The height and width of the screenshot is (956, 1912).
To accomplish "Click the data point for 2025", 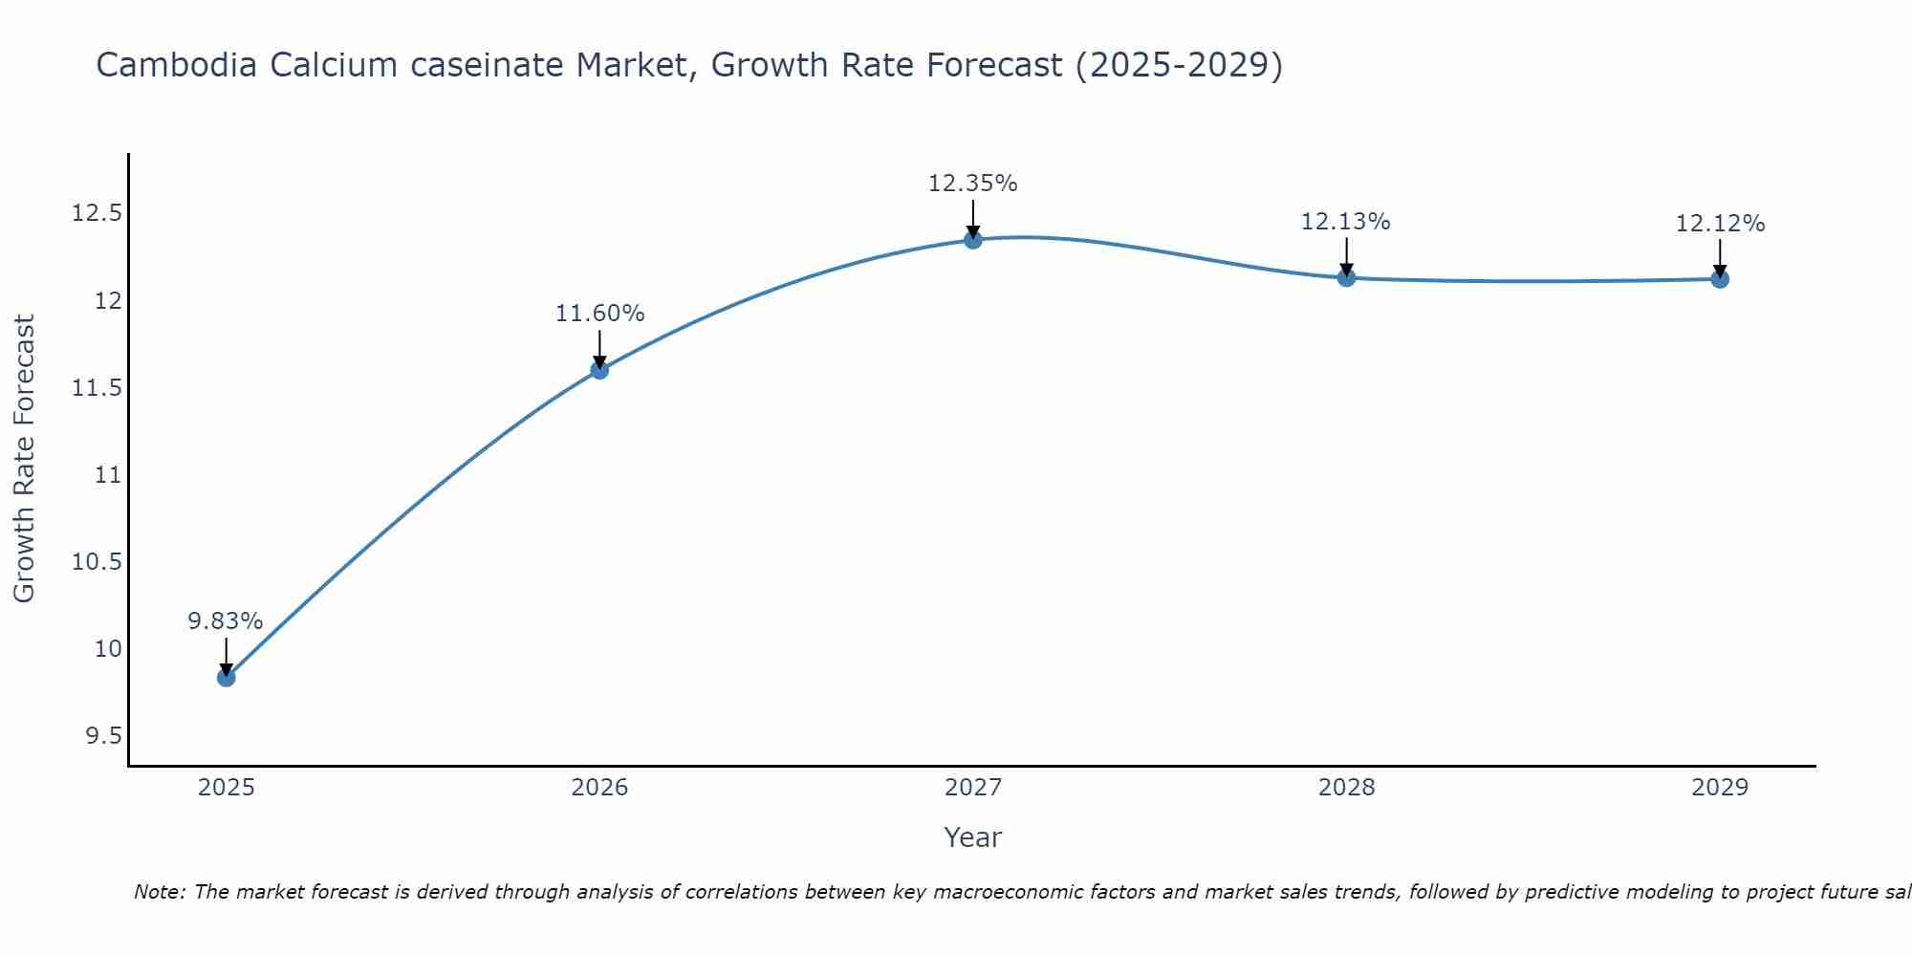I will (227, 677).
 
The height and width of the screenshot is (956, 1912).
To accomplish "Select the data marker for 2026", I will (599, 370).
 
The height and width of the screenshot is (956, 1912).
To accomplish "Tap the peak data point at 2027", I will (973, 240).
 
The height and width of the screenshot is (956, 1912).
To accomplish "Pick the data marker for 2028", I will (1346, 278).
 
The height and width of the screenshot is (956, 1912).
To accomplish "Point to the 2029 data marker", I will (1720, 279).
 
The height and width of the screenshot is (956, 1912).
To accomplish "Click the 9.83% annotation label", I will (225, 621).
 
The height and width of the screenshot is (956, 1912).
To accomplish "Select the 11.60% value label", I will (599, 314).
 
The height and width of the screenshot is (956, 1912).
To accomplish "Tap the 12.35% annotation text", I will (972, 184).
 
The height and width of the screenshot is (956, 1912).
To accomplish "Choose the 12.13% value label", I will (1345, 222).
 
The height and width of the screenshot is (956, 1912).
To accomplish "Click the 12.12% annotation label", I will (1720, 224).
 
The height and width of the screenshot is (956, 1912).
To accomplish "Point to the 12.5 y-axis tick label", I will (97, 213).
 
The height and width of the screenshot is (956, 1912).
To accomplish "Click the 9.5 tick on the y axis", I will (103, 736).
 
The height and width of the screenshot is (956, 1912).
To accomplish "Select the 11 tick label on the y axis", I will (109, 475).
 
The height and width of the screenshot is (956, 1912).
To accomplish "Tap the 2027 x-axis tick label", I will (973, 788).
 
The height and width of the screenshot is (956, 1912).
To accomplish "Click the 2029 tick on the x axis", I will (1720, 788).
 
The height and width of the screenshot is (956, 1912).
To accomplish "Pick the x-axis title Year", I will (972, 837).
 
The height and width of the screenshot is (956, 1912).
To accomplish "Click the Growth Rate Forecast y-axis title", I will (24, 459).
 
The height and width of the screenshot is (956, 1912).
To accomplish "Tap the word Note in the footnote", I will (159, 892).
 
